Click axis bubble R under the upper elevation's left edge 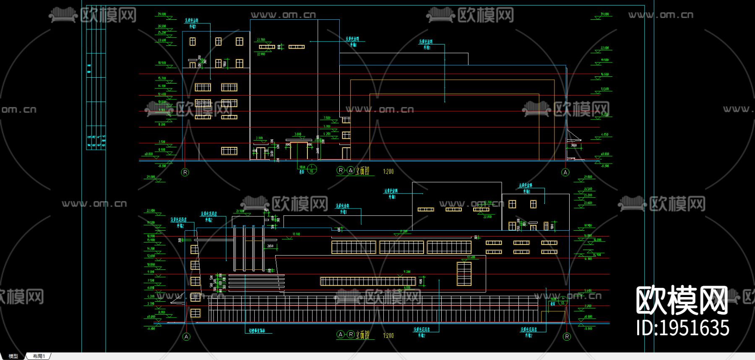[x=185, y=172]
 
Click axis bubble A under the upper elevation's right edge [x=565, y=172]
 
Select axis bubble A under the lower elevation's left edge [x=187, y=337]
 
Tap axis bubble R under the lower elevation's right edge [x=567, y=337]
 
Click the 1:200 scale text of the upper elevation [x=388, y=172]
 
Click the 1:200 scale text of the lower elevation [x=388, y=336]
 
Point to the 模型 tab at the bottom [x=13, y=356]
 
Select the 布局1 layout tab [x=39, y=356]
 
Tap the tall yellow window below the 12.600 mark [x=464, y=274]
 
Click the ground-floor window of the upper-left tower [x=229, y=151]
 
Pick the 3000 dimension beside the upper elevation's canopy [x=574, y=146]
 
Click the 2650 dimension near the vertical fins [x=271, y=246]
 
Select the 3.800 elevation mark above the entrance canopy [x=298, y=135]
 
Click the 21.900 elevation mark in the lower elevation [x=240, y=211]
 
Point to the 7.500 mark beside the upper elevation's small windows [x=327, y=118]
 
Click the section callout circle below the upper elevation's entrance [x=312, y=170]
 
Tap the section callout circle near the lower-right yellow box [x=563, y=301]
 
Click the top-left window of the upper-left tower [x=193, y=41]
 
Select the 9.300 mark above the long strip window [x=407, y=272]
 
